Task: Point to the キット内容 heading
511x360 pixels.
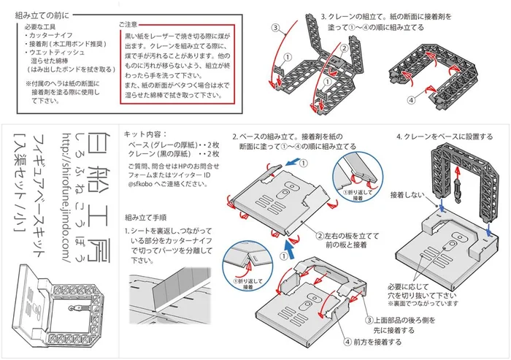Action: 145,134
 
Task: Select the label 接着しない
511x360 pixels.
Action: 406,196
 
